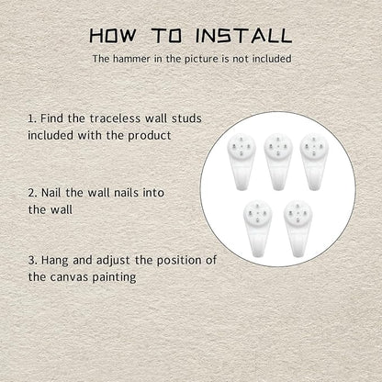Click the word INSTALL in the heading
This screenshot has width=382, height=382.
pyautogui.click(x=243, y=36)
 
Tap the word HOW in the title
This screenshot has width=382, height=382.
pyautogui.click(x=112, y=36)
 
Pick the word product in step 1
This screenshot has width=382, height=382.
pyautogui.click(x=150, y=136)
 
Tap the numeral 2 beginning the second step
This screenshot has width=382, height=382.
pyautogui.click(x=31, y=193)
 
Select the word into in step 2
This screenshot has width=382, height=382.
pyautogui.click(x=153, y=193)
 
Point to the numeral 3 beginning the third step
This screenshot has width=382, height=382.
pyautogui.click(x=31, y=261)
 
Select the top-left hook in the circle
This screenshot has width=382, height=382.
pyautogui.click(x=242, y=162)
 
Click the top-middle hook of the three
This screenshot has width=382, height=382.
pyautogui.click(x=278, y=162)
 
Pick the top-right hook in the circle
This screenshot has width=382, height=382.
pyautogui.click(x=314, y=162)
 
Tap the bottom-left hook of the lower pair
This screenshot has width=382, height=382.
pyautogui.click(x=258, y=229)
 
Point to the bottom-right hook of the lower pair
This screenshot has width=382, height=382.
pyautogui.click(x=298, y=229)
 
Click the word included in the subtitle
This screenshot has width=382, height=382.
pyautogui.click(x=272, y=59)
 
